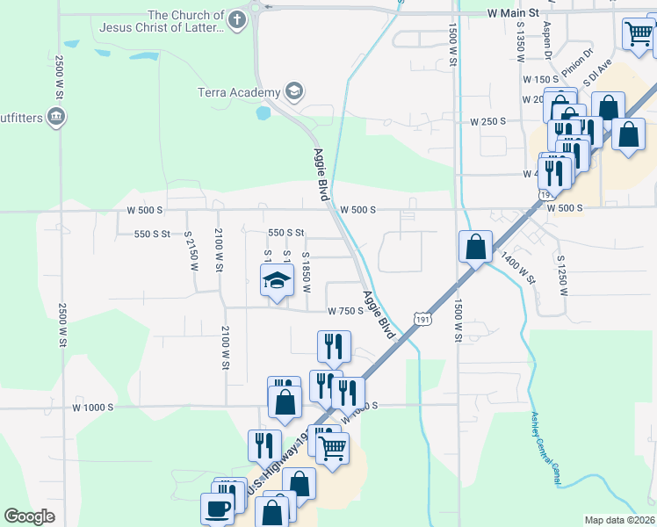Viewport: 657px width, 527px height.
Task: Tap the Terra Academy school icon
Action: coord(294,90)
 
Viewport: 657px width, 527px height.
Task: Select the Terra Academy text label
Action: coord(238,91)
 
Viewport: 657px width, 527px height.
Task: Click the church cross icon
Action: coord(236,19)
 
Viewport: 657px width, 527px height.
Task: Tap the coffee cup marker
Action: coord(217,509)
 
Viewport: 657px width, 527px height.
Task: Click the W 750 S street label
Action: coord(345,310)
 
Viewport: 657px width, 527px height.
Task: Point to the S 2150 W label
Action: coord(189,251)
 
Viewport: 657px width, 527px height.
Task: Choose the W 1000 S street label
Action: coord(94,408)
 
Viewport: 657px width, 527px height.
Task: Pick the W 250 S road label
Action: coord(487,121)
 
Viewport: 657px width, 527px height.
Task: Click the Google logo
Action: coord(30,516)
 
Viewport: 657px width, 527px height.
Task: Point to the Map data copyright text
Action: coord(620,520)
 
